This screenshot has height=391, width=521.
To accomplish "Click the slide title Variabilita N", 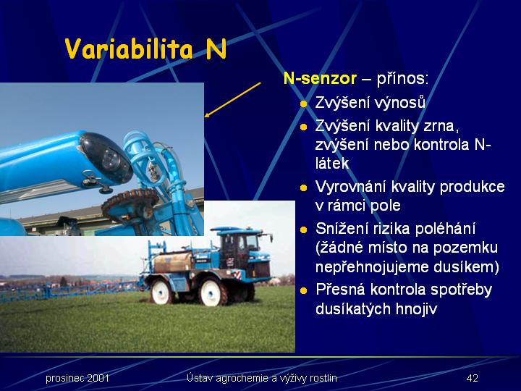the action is [146, 49].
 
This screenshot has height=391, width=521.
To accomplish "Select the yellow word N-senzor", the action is [320, 79].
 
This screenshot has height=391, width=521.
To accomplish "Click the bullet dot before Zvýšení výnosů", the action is [303, 104].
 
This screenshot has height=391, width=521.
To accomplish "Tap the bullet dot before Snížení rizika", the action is [303, 230].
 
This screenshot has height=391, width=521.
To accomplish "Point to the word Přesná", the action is [340, 290].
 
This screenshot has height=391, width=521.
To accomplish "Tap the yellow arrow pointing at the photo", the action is [232, 100].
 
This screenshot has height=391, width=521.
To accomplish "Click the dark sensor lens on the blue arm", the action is [106, 159].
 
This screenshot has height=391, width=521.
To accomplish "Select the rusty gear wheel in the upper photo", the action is [130, 203].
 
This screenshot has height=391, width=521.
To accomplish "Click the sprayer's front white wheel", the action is [162, 292].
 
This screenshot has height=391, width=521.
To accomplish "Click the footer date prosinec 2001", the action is [77, 378].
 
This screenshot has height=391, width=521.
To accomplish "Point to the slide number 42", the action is [472, 378].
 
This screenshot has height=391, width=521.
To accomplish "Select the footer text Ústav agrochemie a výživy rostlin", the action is [261, 378].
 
